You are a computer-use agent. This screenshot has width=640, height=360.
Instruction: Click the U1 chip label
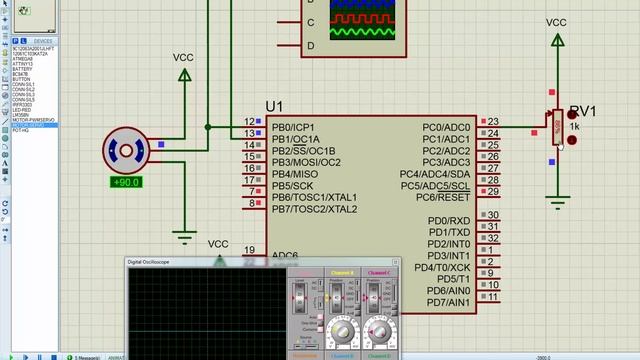point(275,107)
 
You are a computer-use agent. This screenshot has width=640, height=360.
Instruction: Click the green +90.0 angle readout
point(126,183)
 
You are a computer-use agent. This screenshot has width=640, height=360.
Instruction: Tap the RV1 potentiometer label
point(582,111)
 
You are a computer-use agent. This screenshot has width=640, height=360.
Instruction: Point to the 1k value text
point(574,127)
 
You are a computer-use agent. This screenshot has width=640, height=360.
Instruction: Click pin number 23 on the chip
point(493,123)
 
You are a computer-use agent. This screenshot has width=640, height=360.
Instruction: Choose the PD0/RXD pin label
point(449,221)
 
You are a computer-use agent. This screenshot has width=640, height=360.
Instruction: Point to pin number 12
point(248,123)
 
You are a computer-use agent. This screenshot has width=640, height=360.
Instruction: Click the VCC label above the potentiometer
point(557,22)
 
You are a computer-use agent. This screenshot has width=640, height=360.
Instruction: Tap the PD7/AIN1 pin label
point(448,302)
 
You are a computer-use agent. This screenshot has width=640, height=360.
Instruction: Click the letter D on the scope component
point(311,45)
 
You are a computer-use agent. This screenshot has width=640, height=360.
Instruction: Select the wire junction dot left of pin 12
point(208,127)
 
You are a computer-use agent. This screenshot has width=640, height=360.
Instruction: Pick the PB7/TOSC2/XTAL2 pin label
point(314,209)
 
